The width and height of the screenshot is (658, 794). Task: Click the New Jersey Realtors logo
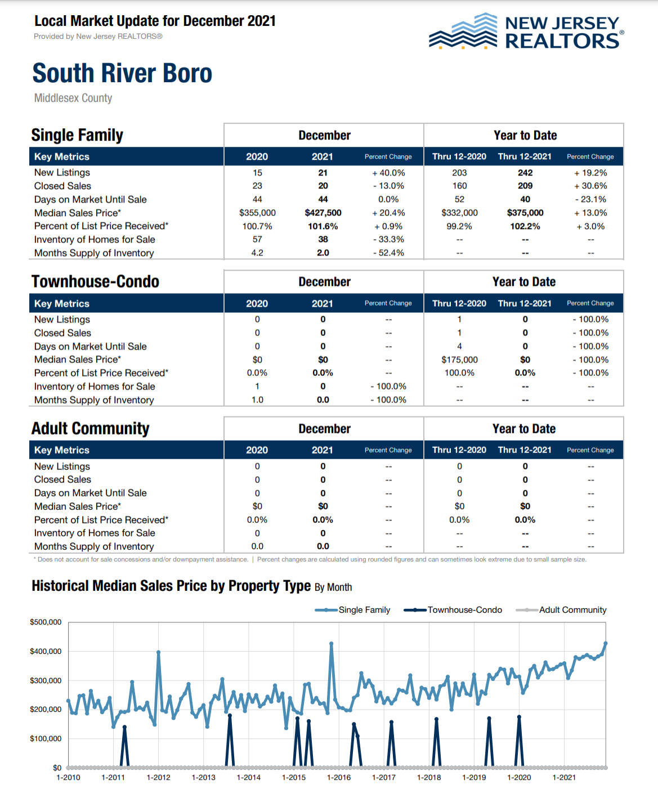(526, 32)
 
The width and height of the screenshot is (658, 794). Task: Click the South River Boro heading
(122, 74)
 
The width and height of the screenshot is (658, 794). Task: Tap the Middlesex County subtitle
(73, 98)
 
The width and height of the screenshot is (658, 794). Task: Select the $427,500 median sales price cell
(323, 213)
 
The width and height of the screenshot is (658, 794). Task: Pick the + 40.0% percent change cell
(388, 173)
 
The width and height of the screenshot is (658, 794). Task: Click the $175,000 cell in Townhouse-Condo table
(459, 360)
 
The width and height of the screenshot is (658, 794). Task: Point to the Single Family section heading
(77, 135)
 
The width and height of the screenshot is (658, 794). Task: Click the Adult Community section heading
(90, 429)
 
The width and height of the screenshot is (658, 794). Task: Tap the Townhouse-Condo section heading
(95, 281)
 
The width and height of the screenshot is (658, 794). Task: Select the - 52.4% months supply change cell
(388, 253)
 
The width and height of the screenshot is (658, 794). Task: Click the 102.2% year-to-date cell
(525, 226)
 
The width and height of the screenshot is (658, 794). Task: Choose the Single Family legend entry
(353, 610)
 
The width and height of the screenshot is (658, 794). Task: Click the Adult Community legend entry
(562, 610)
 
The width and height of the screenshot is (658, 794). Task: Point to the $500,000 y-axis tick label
(46, 622)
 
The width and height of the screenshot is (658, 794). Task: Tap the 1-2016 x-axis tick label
(339, 778)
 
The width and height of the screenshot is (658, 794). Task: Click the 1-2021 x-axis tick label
(564, 778)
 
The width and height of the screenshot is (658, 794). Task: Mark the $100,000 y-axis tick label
(46, 738)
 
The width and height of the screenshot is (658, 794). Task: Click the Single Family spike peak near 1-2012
(159, 652)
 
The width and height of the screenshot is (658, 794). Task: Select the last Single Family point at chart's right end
(606, 643)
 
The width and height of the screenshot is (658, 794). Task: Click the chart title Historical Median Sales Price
(171, 586)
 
